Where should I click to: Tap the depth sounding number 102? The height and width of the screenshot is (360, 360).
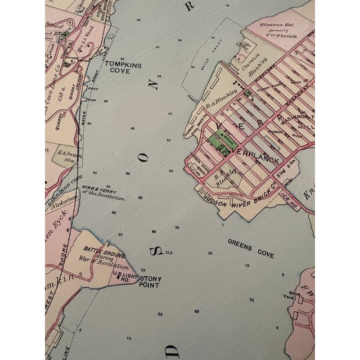168,252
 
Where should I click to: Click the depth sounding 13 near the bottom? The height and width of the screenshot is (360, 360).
129,338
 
